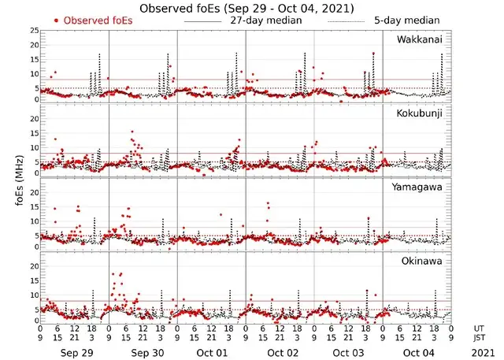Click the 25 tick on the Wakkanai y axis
[33, 31]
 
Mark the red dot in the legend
[56, 20]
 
